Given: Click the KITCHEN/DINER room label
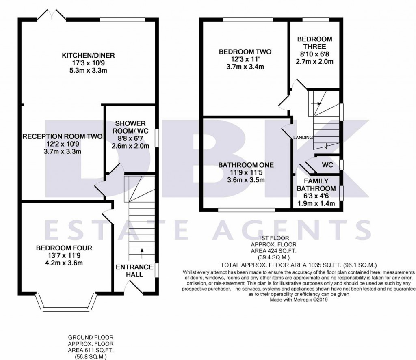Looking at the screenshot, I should (x=88, y=56).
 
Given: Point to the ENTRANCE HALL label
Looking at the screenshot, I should (x=135, y=270).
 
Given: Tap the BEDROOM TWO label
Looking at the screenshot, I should (x=245, y=52).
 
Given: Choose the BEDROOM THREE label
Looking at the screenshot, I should (x=314, y=43).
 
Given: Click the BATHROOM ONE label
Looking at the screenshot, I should (x=246, y=165).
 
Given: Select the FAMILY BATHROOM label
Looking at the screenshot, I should (x=316, y=185).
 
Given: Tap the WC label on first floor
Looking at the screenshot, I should (x=327, y=165).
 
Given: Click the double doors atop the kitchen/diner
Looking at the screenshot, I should (x=51, y=15).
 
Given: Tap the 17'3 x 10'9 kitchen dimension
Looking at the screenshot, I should (x=88, y=63).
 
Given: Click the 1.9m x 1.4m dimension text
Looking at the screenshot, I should (x=316, y=203).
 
